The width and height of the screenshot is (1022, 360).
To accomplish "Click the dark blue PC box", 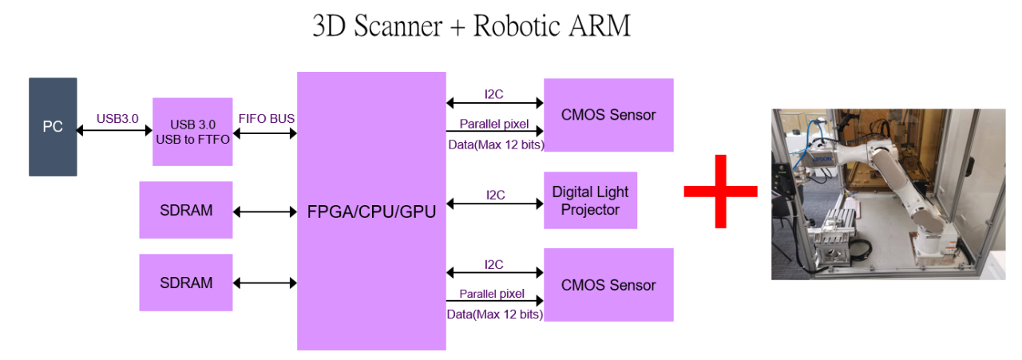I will pyautogui.click(x=53, y=127).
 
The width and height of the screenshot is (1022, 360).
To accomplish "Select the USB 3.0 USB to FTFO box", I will pyautogui.click(x=192, y=132).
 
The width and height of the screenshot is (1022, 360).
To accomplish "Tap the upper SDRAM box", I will pyautogui.click(x=186, y=210).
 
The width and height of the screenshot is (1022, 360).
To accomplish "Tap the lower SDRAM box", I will pyautogui.click(x=186, y=283).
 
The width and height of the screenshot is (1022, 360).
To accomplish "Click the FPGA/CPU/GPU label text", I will pyautogui.click(x=371, y=213).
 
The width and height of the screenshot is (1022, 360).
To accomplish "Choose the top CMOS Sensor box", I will pyautogui.click(x=608, y=115).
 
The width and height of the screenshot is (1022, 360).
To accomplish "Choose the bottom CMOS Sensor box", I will pyautogui.click(x=608, y=285).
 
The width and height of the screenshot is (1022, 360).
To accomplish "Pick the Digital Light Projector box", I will pyautogui.click(x=590, y=200).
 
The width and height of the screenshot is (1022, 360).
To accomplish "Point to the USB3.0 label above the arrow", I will pyautogui.click(x=117, y=118).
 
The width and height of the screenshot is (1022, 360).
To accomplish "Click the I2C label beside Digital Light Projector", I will pyautogui.click(x=495, y=195).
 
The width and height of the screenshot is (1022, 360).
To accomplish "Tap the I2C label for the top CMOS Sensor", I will pyautogui.click(x=495, y=94).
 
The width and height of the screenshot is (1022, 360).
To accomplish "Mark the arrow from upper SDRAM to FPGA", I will pyautogui.click(x=265, y=212).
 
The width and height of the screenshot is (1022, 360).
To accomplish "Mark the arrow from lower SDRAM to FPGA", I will pyautogui.click(x=265, y=283).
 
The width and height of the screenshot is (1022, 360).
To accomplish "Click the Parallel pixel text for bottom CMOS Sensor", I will pyautogui.click(x=491, y=294).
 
